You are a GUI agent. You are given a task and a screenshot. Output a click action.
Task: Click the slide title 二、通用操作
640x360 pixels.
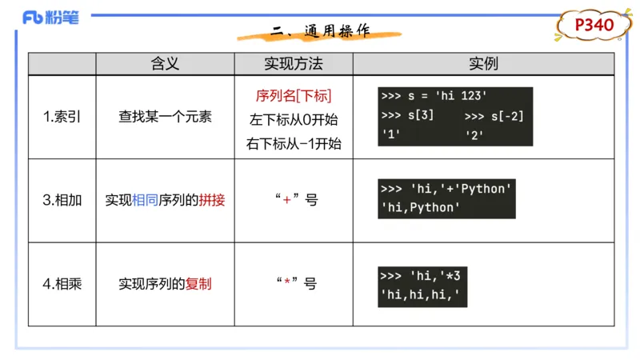(x=320, y=32)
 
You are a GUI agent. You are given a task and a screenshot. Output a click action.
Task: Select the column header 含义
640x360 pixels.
(x=165, y=63)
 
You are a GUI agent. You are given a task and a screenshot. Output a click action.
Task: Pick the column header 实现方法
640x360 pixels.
(x=294, y=63)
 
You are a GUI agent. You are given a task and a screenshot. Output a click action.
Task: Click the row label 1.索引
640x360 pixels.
(x=62, y=117)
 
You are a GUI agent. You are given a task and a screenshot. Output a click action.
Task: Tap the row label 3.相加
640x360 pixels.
(x=62, y=200)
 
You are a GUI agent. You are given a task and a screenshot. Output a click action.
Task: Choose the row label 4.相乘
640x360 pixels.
(x=62, y=284)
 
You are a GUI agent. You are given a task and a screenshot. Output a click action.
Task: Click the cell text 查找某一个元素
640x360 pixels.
(x=165, y=117)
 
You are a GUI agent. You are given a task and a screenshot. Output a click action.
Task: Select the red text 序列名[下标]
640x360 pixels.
(x=294, y=96)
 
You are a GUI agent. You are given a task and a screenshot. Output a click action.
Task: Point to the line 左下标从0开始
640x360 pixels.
(x=294, y=120)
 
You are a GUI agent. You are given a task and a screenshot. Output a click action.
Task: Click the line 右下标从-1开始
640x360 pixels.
(x=294, y=144)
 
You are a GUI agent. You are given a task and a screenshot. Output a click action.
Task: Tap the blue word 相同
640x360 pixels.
(x=146, y=200)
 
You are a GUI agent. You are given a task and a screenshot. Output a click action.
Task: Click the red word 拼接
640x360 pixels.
(x=212, y=200)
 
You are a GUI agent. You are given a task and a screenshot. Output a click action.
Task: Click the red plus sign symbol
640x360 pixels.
(x=286, y=200)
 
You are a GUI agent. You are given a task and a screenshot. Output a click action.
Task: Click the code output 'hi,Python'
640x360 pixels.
(x=422, y=208)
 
